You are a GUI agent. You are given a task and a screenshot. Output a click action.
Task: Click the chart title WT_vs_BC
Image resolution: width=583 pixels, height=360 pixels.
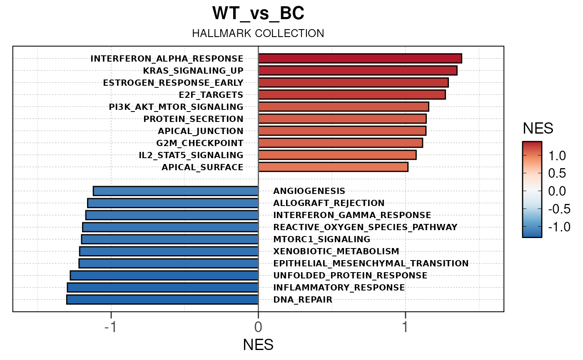click(258, 14)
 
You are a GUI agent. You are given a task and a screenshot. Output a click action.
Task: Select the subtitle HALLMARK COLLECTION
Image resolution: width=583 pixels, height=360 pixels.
click(258, 34)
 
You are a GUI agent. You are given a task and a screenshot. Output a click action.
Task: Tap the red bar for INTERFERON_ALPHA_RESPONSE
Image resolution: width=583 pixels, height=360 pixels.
click(360, 59)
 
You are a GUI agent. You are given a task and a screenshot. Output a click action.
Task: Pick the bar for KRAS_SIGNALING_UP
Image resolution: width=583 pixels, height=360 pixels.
click(358, 71)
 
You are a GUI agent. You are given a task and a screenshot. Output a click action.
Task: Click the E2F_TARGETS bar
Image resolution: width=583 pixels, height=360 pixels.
click(352, 95)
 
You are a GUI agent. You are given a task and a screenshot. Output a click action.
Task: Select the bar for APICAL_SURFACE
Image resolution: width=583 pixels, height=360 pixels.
click(333, 167)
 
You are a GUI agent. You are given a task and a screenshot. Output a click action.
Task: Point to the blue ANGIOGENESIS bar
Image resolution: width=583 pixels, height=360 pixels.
click(176, 191)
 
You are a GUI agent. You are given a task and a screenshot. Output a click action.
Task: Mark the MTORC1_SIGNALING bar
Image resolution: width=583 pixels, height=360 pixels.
click(170, 239)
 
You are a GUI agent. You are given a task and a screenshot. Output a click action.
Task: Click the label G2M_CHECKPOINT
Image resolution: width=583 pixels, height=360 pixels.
click(200, 143)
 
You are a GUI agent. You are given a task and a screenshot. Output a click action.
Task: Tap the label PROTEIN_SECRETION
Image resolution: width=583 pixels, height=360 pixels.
click(193, 119)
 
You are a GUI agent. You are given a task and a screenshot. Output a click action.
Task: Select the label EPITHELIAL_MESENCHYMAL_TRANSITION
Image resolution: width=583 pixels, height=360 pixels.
click(371, 263)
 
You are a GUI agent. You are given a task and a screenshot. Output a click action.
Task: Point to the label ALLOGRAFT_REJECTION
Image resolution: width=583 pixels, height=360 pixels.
click(329, 203)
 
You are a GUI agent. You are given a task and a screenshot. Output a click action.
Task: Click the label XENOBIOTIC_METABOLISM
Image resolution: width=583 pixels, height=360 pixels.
click(336, 251)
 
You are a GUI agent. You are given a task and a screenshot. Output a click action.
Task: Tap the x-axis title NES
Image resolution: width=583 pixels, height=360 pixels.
click(258, 345)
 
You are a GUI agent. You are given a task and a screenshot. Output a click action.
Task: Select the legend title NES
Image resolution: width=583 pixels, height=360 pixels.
click(538, 129)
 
